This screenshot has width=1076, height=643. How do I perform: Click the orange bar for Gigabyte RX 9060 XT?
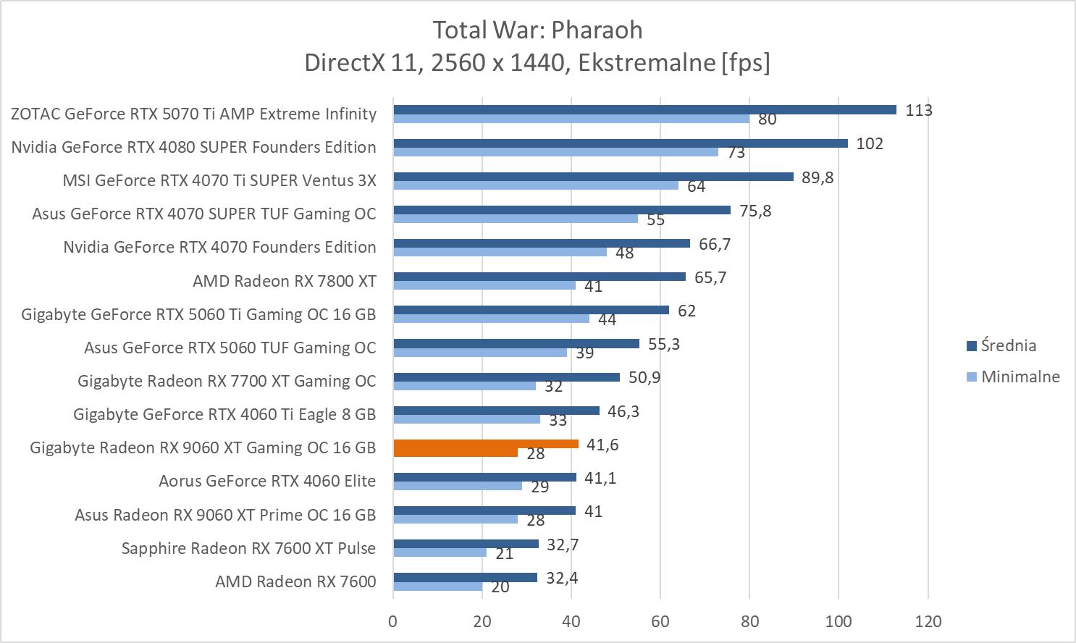(485, 444)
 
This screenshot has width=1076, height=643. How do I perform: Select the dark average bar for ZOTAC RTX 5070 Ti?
(644, 110)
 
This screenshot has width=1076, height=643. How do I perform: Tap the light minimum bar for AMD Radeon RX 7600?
(437, 587)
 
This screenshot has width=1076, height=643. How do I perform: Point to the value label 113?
(919, 110)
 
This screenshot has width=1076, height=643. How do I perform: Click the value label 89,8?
(817, 177)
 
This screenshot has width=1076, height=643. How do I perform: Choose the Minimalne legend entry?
(1020, 377)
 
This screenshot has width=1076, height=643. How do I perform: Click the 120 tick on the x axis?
(928, 621)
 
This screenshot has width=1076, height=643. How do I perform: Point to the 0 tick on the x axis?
(393, 621)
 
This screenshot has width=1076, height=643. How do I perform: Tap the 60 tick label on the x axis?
(660, 621)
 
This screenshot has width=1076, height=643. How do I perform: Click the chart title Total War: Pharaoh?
(537, 30)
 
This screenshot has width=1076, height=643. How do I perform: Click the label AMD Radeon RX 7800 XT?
(284, 281)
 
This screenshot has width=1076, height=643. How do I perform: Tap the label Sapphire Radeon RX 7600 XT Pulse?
(248, 548)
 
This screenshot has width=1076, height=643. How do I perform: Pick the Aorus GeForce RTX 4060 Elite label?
(267, 481)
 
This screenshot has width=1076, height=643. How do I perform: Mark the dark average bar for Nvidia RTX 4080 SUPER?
(620, 143)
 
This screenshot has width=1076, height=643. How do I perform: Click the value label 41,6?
(602, 445)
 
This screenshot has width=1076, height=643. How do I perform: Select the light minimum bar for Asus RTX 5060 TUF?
(479, 353)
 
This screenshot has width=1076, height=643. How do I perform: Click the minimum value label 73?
(736, 153)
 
